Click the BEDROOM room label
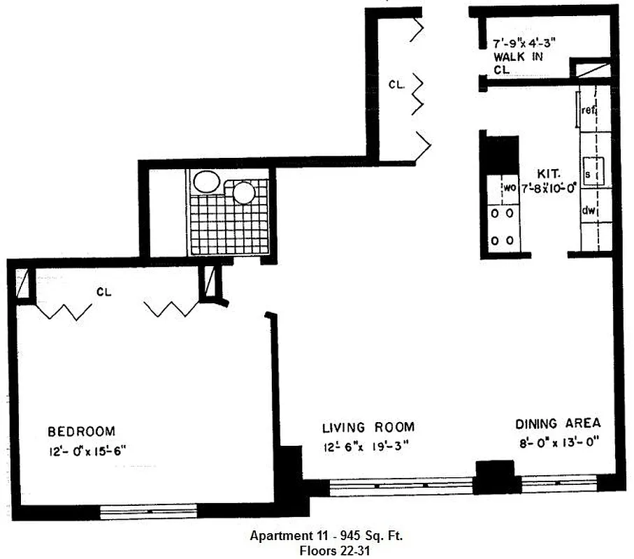click(82, 431)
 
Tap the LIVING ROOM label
click(368, 427)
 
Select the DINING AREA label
click(558, 423)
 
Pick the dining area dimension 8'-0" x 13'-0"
click(558, 442)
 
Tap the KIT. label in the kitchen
click(547, 172)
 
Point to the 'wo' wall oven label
click(509, 187)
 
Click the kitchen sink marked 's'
click(588, 173)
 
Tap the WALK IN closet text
click(519, 57)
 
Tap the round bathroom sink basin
click(244, 192)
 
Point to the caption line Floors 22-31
click(326, 550)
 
